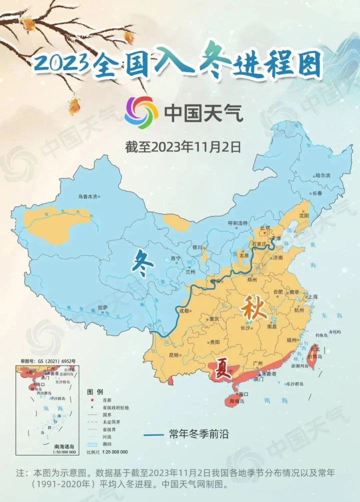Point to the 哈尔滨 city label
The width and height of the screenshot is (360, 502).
click(322, 175)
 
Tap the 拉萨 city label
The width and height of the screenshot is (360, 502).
click(102, 307)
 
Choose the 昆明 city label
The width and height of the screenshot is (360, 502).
click(173, 355)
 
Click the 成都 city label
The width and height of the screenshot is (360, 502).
click(183, 311)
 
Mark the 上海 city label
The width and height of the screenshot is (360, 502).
click(312, 296)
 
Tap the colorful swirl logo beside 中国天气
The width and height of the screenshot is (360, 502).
click(141, 112)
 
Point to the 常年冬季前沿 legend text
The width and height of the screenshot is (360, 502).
click(198, 434)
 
